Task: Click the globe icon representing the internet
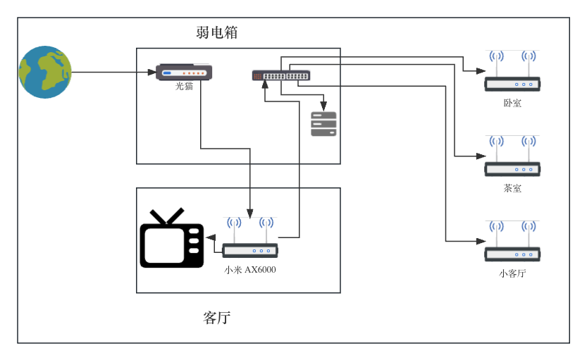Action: pyautogui.click(x=45, y=72)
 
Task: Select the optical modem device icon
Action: pyautogui.click(x=184, y=72)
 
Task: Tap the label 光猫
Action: pyautogui.click(x=184, y=87)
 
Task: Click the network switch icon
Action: pyautogui.click(x=280, y=75)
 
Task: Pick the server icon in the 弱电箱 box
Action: pyautogui.click(x=323, y=123)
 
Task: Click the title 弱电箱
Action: pyautogui.click(x=216, y=32)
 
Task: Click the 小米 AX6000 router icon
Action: pyautogui.click(x=250, y=249)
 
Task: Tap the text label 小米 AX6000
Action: pyautogui.click(x=250, y=270)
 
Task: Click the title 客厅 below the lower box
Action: pyautogui.click(x=216, y=318)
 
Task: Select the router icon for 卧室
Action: pyautogui.click(x=512, y=83)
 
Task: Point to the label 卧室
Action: pyautogui.click(x=512, y=104)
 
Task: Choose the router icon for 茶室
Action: pyautogui.click(x=512, y=168)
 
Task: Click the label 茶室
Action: pyautogui.click(x=512, y=189)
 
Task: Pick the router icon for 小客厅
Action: pyautogui.click(x=512, y=254)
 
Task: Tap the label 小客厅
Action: pyautogui.click(x=512, y=274)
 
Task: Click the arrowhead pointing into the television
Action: pyautogui.click(x=209, y=237)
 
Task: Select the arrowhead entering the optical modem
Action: pyautogui.click(x=152, y=72)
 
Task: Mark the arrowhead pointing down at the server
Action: pyautogui.click(x=323, y=106)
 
